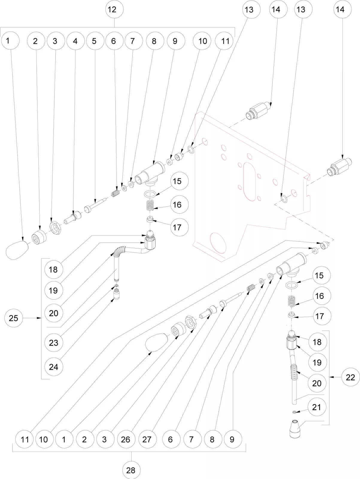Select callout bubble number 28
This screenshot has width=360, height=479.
click(131, 470)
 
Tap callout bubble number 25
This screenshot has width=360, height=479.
click(13, 318)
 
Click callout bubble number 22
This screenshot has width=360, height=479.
click(350, 377)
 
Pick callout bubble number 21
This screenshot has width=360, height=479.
click(317, 407)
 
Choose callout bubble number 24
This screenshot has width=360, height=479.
click(54, 366)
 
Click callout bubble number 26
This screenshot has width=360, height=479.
click(126, 439)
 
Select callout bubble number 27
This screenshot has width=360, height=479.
click(147, 439)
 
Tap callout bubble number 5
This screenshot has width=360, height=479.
click(94, 41)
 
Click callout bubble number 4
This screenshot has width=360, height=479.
click(75, 41)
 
